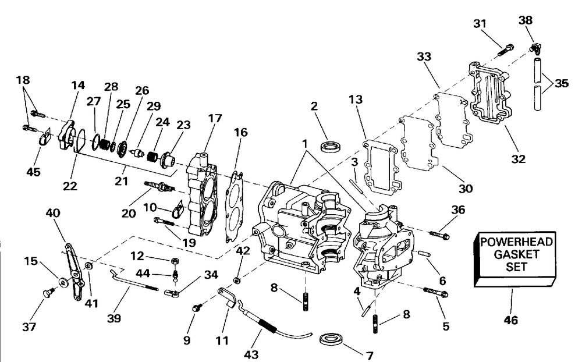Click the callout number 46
pos(511,320)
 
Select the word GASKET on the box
pos(517,254)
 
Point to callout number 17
pos(215,118)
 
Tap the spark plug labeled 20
pos(158,186)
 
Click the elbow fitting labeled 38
pos(534,48)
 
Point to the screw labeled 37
pos(49,293)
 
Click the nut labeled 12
pos(174,261)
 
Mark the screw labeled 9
pos(197,307)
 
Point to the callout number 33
pos(424,56)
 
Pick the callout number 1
pos(305,143)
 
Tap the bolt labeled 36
pos(439,235)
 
